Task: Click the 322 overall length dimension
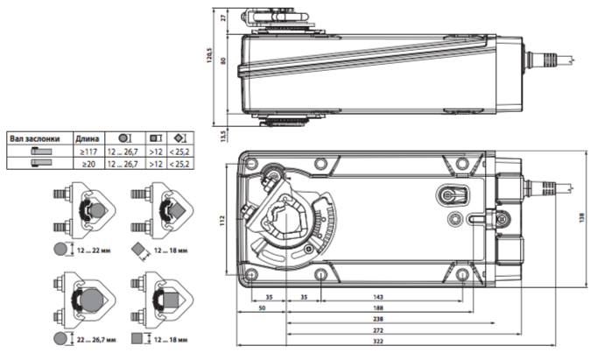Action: (377, 342)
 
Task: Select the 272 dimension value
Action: (377, 330)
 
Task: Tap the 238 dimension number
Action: (377, 319)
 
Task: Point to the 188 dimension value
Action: (377, 308)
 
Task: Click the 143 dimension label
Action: (377, 297)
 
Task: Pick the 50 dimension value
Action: (262, 308)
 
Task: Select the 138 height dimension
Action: (581, 218)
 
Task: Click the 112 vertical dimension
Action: (222, 221)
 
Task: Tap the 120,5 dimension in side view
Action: (209, 55)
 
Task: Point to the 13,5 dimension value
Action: (223, 136)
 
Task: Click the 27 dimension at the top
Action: (223, 18)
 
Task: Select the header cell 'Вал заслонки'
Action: (35, 138)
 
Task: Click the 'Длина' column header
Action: (88, 138)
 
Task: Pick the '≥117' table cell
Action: (88, 152)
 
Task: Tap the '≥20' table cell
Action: (88, 164)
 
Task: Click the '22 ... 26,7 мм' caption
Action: (96, 340)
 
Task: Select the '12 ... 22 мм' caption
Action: (94, 251)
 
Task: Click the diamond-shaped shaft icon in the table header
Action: (180, 138)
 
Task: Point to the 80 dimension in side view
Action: (223, 61)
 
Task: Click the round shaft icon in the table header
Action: (125, 138)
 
